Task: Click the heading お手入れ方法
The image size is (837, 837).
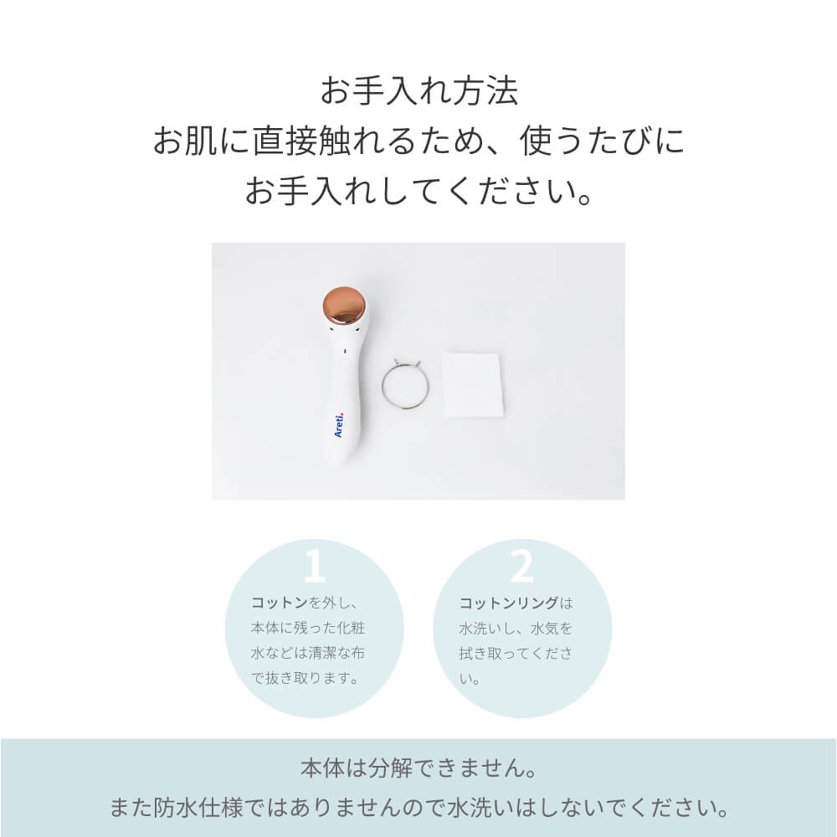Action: [418, 91]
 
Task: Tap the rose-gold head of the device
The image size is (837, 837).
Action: [344, 306]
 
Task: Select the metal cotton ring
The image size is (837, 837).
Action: [406, 383]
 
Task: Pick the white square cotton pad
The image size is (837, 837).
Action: [472, 383]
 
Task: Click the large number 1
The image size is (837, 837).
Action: [315, 567]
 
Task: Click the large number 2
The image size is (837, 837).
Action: [521, 567]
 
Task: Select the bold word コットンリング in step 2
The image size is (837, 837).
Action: [508, 603]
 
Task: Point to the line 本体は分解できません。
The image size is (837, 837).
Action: [418, 768]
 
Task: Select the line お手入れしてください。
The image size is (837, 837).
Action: [418, 192]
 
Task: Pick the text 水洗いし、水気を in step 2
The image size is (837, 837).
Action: [516, 628]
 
